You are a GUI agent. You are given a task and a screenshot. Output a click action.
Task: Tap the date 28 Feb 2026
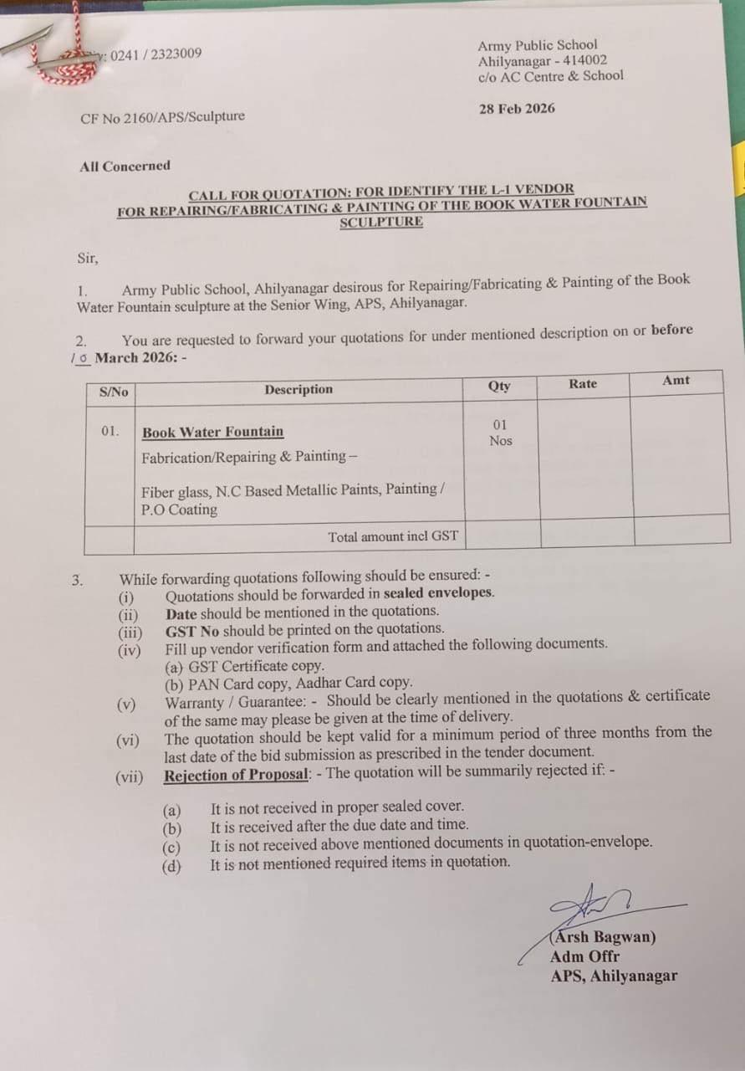pos(517,109)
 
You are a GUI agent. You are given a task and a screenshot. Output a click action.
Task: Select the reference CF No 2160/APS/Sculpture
pos(163,117)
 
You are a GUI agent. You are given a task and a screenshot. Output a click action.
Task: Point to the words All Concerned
pos(125,166)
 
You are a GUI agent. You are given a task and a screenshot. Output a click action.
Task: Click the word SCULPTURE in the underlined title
pos(380,222)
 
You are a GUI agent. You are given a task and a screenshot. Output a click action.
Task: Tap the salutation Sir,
pos(87,259)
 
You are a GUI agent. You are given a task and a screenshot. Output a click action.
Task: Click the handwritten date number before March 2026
pos(80,358)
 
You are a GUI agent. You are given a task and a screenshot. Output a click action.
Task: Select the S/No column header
pos(114,392)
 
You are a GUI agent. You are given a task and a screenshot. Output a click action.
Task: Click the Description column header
pos(299,389)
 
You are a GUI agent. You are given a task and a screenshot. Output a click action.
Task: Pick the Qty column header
pos(499,386)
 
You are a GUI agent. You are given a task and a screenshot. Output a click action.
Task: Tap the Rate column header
pos(583,383)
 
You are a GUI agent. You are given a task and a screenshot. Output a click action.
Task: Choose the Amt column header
pos(676,380)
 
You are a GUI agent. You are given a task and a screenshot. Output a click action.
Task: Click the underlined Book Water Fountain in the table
pos(212,432)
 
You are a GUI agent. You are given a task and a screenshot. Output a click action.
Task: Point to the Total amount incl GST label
pos(393,536)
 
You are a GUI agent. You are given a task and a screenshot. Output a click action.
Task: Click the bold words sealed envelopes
pos(439,593)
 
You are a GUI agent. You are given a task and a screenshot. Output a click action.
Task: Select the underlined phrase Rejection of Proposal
pos(237,775)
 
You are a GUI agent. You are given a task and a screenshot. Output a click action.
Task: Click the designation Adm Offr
pos(584,956)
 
